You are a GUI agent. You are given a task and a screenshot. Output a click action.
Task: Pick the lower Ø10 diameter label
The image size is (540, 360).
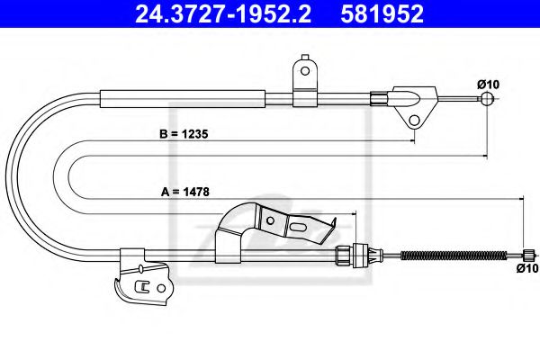[x=526, y=267]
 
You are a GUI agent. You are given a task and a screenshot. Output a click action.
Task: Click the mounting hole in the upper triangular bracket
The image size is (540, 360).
[x=415, y=120]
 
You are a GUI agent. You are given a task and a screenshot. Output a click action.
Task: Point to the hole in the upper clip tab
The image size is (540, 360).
[x=305, y=69]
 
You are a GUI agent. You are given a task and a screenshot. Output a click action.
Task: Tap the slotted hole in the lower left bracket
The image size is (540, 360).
[x=141, y=287]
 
